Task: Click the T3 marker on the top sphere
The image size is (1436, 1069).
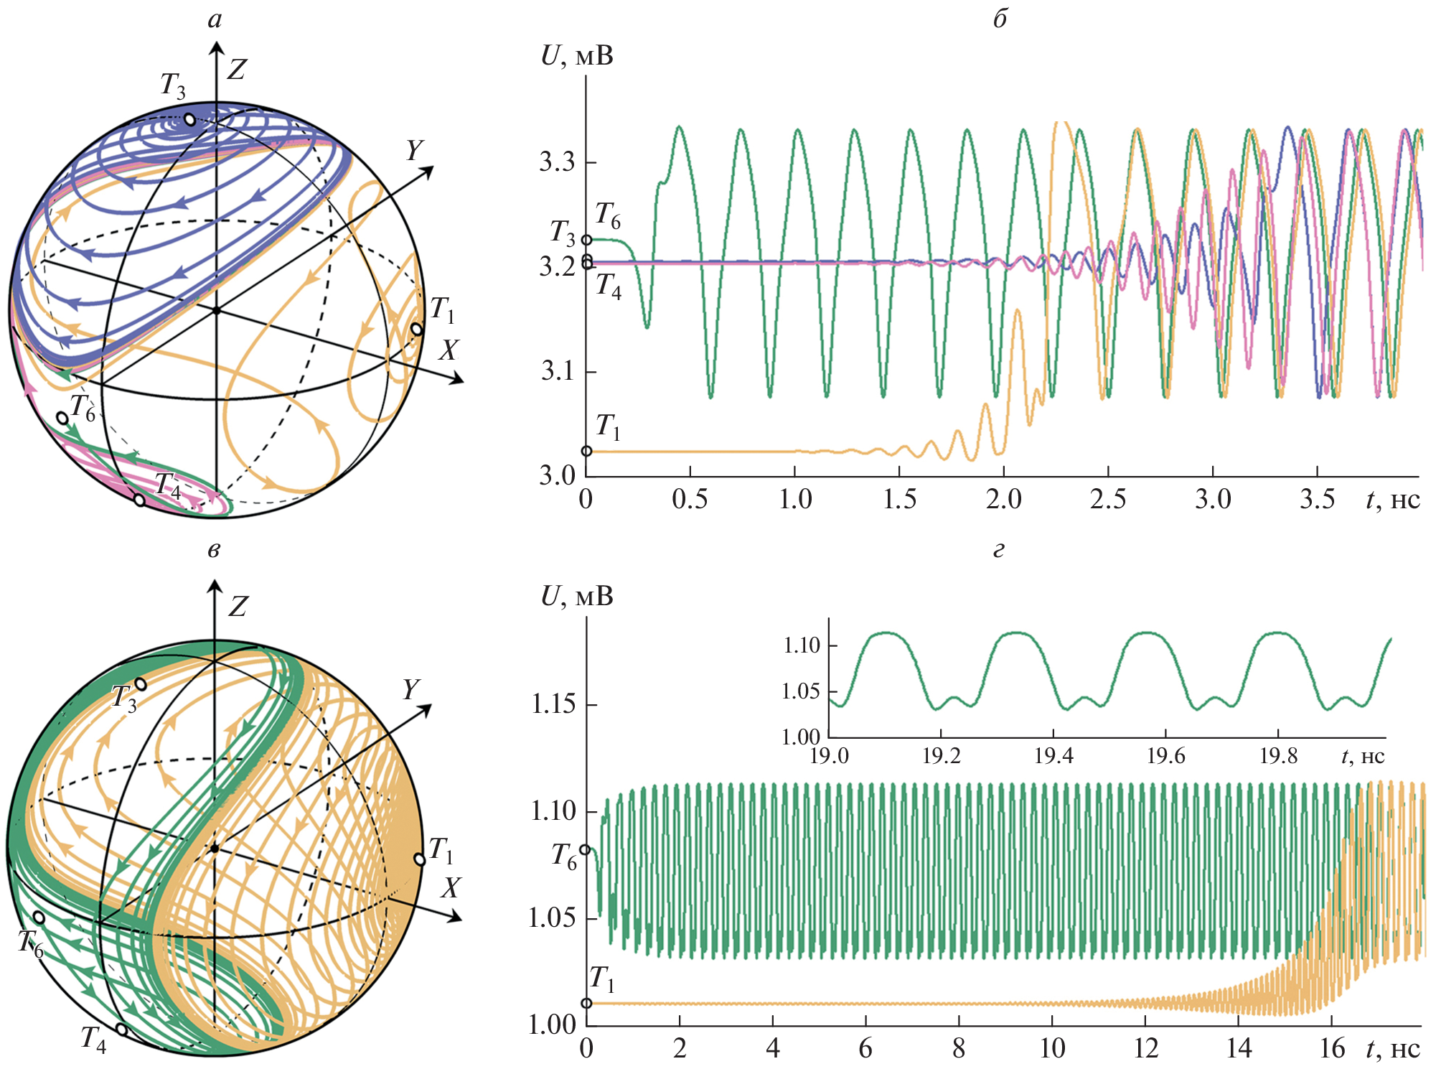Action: click(x=189, y=119)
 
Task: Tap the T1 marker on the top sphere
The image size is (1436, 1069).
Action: click(x=416, y=329)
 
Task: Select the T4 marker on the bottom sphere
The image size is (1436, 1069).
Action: click(x=122, y=1030)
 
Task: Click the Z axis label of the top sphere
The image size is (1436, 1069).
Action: click(x=236, y=70)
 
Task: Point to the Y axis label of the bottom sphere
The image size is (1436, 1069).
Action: click(x=410, y=689)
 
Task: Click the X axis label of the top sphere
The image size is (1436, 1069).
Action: click(x=449, y=350)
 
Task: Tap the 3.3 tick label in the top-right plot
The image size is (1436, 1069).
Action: click(x=558, y=162)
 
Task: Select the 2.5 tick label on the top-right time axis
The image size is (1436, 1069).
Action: click(x=1108, y=500)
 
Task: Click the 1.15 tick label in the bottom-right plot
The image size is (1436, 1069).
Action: click(x=553, y=704)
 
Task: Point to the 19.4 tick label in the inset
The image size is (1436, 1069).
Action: click(x=1053, y=755)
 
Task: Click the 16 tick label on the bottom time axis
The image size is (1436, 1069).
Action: click(x=1332, y=1049)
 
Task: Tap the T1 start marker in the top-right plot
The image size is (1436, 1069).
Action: click(x=586, y=451)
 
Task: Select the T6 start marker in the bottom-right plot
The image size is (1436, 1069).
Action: click(x=585, y=849)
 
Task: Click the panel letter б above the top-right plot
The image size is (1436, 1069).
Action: click(x=1000, y=19)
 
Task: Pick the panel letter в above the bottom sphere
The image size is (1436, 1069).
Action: click(x=214, y=551)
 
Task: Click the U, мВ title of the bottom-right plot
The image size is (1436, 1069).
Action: click(x=577, y=596)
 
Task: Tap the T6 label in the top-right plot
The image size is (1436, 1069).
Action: click(x=607, y=215)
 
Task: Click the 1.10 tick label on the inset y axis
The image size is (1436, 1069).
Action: click(x=801, y=645)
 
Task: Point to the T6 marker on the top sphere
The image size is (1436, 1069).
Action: click(x=62, y=418)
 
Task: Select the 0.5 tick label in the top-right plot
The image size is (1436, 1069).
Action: click(x=690, y=500)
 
